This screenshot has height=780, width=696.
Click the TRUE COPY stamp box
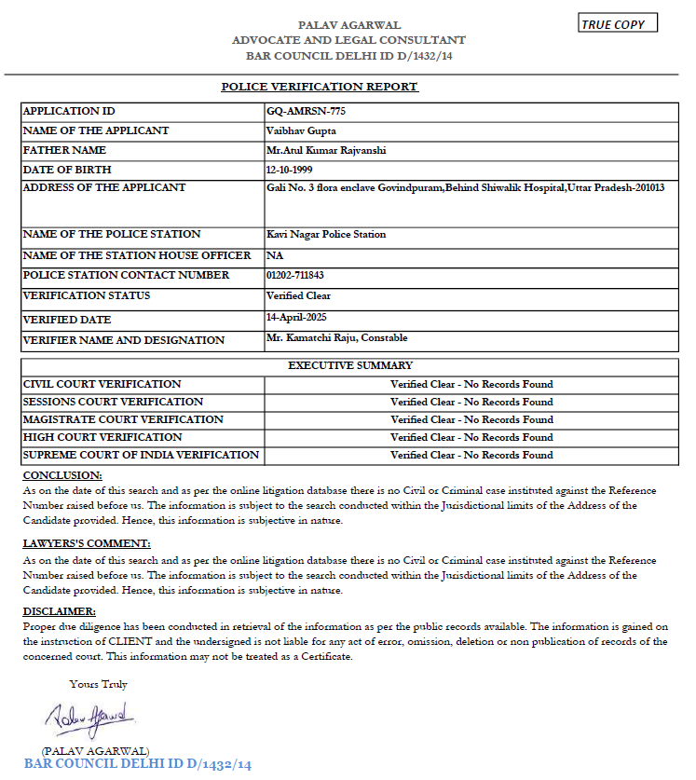coord(618,24)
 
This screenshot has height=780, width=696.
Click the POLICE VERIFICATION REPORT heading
coord(320,87)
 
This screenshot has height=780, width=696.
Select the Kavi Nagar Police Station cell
coord(326,234)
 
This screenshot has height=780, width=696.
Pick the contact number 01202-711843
coord(294,275)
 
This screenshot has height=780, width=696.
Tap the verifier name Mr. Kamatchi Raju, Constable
coord(336,337)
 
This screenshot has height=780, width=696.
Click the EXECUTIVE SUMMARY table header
coord(350,365)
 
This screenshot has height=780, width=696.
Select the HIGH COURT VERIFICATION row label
coord(102,437)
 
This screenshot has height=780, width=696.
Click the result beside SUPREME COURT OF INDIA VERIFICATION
coord(471,456)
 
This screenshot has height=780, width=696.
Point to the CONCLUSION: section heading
coord(62,476)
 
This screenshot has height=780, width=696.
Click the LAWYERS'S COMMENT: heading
coord(86,543)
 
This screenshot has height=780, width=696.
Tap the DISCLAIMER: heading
coord(59,611)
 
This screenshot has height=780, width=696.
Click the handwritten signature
coord(89,719)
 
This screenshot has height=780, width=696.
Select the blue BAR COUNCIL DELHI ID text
coord(138,765)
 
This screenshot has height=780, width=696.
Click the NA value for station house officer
coord(274,255)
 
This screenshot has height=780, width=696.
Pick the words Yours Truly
coord(98,684)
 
